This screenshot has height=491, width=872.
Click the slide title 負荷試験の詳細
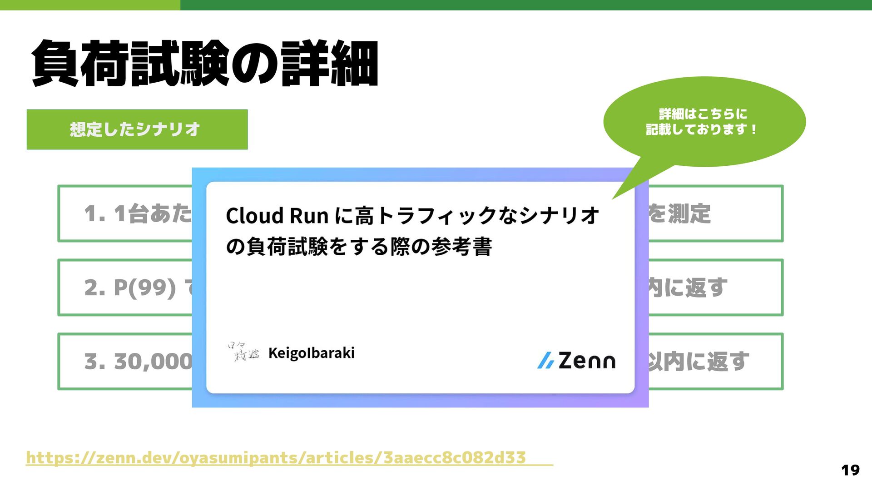pyautogui.click(x=204, y=63)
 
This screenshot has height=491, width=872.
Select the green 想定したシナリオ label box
pyautogui.click(x=137, y=129)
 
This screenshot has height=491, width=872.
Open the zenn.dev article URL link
pyautogui.click(x=276, y=457)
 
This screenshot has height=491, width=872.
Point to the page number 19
pyautogui.click(x=850, y=470)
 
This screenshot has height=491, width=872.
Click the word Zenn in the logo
pyautogui.click(x=587, y=361)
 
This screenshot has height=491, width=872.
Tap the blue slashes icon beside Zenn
pyautogui.click(x=545, y=361)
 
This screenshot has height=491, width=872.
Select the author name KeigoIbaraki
pyautogui.click(x=311, y=353)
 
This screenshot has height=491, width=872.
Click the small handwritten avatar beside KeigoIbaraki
pyautogui.click(x=243, y=352)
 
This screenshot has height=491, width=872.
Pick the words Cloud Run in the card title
pyautogui.click(x=277, y=216)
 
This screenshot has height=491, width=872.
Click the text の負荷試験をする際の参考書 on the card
pyautogui.click(x=359, y=247)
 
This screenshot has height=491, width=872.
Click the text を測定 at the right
pyautogui.click(x=679, y=213)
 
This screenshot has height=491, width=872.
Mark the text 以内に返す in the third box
pyautogui.click(x=698, y=362)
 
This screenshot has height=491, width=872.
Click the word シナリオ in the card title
pyautogui.click(x=560, y=216)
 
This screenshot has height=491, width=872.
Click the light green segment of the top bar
pyautogui.click(x=90, y=5)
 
